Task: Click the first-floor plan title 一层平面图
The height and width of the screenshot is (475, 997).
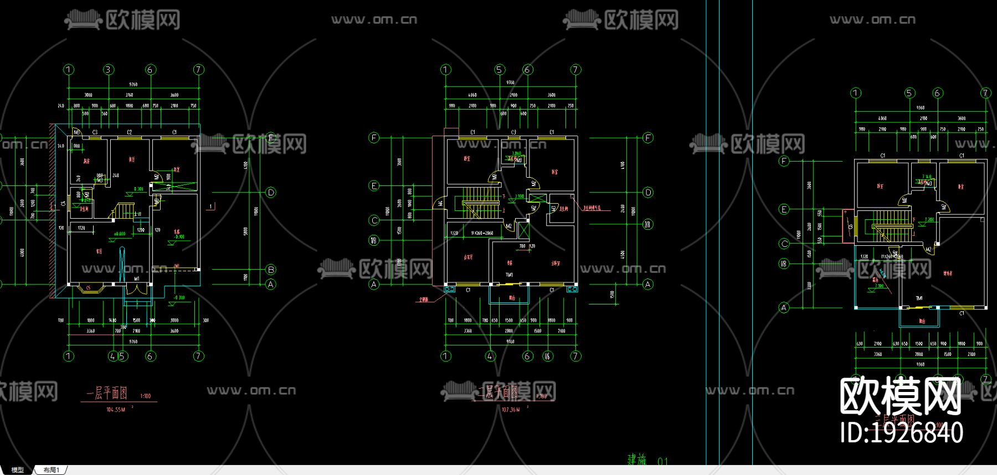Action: point(107,394)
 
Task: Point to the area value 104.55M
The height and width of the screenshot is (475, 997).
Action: point(116,410)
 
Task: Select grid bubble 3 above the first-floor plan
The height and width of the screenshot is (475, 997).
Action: point(109,70)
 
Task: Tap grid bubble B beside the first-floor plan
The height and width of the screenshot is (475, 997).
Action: point(271,270)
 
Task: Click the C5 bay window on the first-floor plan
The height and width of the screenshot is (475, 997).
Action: point(88,288)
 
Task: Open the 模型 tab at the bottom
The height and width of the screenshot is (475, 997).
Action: point(18,470)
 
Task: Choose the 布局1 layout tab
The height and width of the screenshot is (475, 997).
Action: point(51,470)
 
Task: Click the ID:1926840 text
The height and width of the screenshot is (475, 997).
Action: point(901,432)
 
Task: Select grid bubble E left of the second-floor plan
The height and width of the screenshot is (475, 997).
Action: point(374,185)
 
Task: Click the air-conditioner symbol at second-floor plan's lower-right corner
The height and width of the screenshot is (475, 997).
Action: point(572,288)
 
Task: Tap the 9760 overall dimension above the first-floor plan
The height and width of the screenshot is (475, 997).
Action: point(133,84)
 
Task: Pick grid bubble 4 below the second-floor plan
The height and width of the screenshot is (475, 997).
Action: point(490,356)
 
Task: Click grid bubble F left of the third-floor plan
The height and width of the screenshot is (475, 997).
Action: point(784,161)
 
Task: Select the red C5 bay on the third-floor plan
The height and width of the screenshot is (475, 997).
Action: point(848,226)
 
